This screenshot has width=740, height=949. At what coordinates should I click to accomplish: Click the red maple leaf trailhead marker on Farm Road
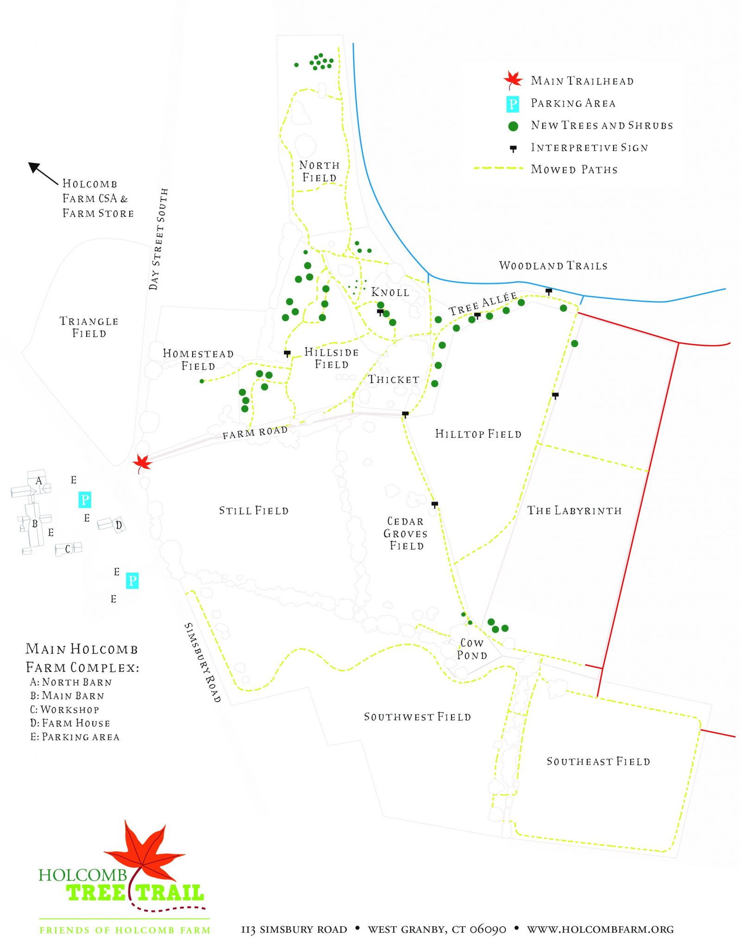click(x=142, y=462)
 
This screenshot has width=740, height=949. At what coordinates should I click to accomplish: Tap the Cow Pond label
click(x=472, y=649)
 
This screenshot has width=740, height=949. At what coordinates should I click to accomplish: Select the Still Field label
click(x=254, y=511)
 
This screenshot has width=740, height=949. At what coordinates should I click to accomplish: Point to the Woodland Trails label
click(x=553, y=266)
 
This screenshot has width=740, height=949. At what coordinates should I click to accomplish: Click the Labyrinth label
click(x=574, y=511)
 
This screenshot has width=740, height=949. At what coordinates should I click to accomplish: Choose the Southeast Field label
click(x=598, y=761)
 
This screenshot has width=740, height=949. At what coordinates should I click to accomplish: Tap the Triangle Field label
click(x=89, y=327)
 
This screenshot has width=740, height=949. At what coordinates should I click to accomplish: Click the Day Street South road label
click(x=158, y=239)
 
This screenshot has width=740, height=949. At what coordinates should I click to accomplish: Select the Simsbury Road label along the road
click(x=203, y=662)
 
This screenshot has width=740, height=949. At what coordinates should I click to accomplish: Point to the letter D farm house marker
click(x=119, y=525)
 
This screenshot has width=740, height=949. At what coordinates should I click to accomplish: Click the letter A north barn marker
click(x=39, y=481)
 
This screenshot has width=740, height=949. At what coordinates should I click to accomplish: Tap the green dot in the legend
click(x=513, y=126)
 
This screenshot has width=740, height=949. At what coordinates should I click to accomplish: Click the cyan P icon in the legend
click(x=513, y=104)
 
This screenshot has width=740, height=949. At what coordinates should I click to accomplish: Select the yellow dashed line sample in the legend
click(x=498, y=168)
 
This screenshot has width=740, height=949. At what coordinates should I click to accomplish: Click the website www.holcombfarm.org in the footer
click(x=600, y=929)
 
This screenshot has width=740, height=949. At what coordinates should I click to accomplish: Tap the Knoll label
click(x=390, y=292)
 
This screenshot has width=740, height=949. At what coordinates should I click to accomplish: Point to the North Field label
click(x=319, y=171)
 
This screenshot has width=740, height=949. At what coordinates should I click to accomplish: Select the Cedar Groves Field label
click(x=406, y=533)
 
